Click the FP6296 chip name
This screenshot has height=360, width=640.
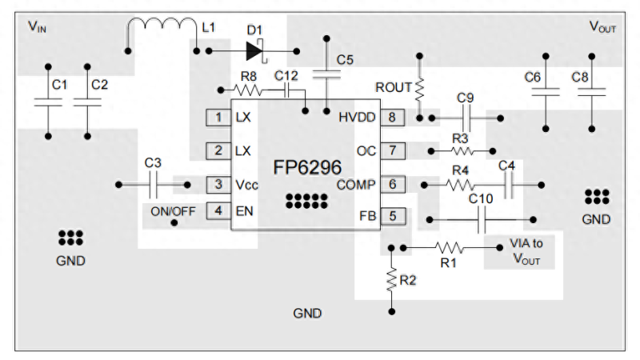(307, 167)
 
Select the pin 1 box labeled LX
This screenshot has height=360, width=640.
(218, 118)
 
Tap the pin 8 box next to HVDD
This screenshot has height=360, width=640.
(392, 118)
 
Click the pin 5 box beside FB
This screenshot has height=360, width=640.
(393, 216)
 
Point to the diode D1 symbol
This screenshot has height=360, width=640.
(255, 51)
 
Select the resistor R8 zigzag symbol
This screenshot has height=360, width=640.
(247, 90)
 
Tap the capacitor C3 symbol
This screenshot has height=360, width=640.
(154, 185)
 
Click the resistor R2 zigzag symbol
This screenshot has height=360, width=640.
(391, 279)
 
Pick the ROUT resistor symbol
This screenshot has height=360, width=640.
(419, 90)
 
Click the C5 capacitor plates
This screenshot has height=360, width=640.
(326, 74)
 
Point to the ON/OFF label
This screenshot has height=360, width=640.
(173, 211)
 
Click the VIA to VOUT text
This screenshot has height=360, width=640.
(526, 251)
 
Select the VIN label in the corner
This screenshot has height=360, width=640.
(37, 26)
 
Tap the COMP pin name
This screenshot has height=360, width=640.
(355, 185)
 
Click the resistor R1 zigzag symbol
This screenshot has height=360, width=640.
(450, 248)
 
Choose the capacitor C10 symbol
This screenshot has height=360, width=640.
(482, 219)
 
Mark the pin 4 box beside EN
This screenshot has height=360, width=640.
(218, 211)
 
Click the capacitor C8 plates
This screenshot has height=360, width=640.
(592, 92)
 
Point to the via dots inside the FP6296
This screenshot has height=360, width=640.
(306, 202)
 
